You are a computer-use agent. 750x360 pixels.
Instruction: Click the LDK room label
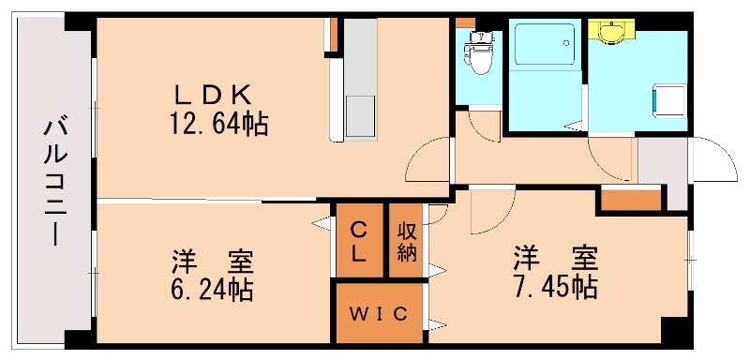point(213,95)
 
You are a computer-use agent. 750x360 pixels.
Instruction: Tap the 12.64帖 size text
point(218,123)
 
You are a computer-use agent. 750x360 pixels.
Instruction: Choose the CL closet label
point(359,241)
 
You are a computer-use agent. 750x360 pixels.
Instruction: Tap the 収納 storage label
point(406,241)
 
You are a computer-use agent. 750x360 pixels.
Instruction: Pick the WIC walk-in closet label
point(380,313)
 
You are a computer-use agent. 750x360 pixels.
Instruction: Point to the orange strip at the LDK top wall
point(330,34)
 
